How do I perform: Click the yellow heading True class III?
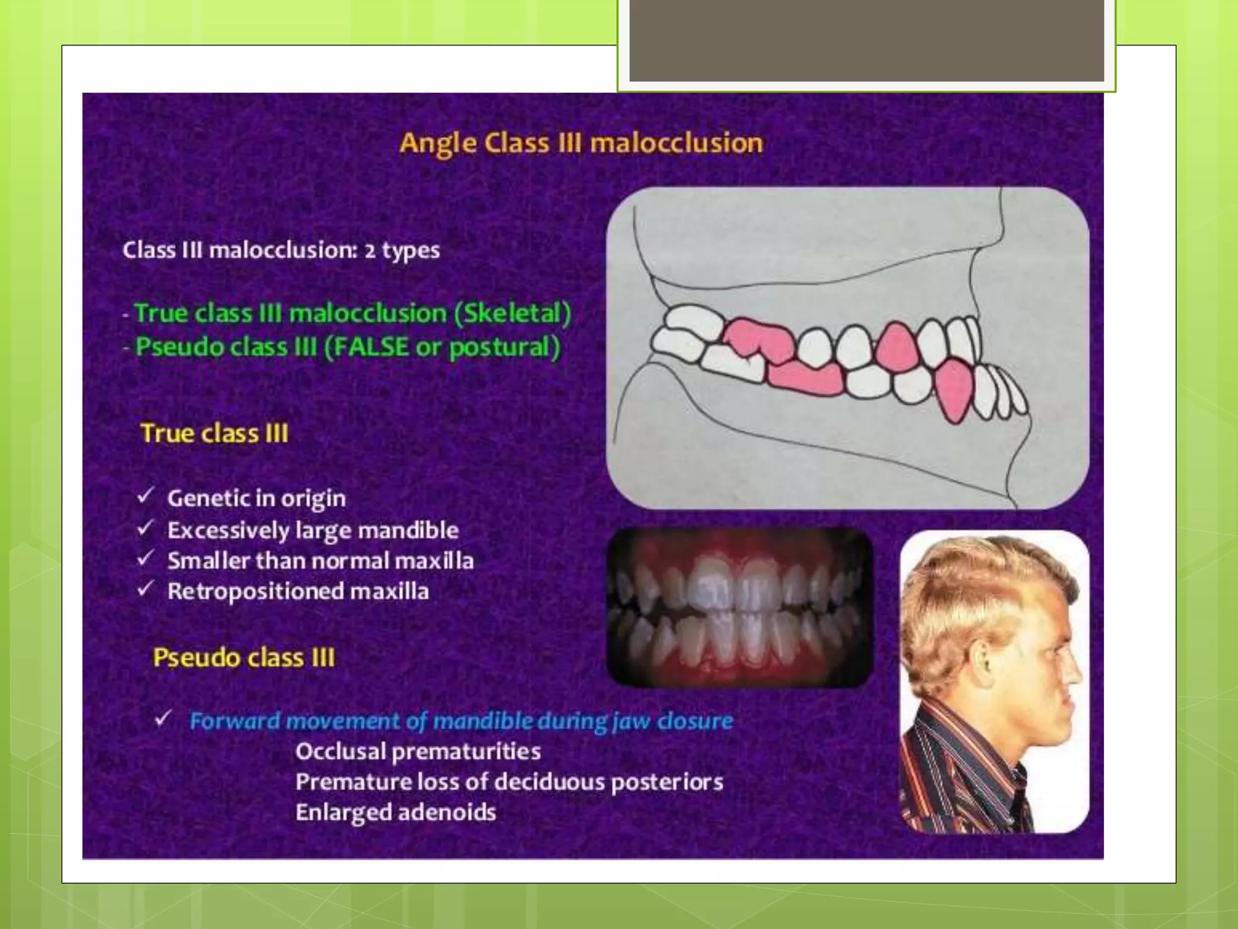click(x=214, y=434)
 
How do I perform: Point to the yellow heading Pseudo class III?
click(x=243, y=657)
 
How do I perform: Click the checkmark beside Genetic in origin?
click(x=146, y=497)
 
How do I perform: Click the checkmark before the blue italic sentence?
click(x=163, y=719)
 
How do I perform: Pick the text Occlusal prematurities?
click(x=418, y=752)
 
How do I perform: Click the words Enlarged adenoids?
click(x=395, y=812)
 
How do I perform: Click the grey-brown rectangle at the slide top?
click(x=866, y=41)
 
